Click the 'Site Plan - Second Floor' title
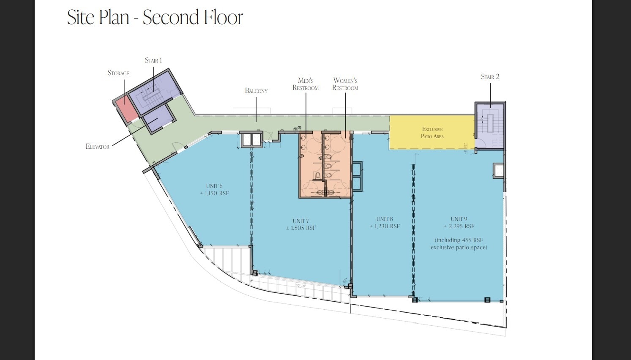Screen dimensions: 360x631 (x=155, y=17)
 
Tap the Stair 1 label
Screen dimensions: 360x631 (x=153, y=60)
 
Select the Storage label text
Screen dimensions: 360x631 (x=118, y=73)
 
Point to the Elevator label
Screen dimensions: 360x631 (x=98, y=147)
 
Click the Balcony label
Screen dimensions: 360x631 (x=256, y=91)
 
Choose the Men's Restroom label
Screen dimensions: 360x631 (x=306, y=84)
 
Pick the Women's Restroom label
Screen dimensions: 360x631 (x=345, y=84)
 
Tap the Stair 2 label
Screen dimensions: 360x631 (x=490, y=77)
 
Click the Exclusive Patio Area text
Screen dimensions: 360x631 (x=432, y=133)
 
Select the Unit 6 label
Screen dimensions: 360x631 (x=214, y=186)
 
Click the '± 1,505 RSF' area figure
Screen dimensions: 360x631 (x=301, y=228)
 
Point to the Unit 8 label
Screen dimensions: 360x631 (x=385, y=219)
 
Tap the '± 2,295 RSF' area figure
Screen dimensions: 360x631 (x=459, y=226)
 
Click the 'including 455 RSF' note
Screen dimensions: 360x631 (x=459, y=240)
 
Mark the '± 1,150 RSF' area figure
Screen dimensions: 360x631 (x=214, y=194)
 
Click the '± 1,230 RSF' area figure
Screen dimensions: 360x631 (x=385, y=226)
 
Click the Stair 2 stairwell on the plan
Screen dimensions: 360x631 (x=490, y=125)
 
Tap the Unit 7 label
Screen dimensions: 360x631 (x=301, y=221)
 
